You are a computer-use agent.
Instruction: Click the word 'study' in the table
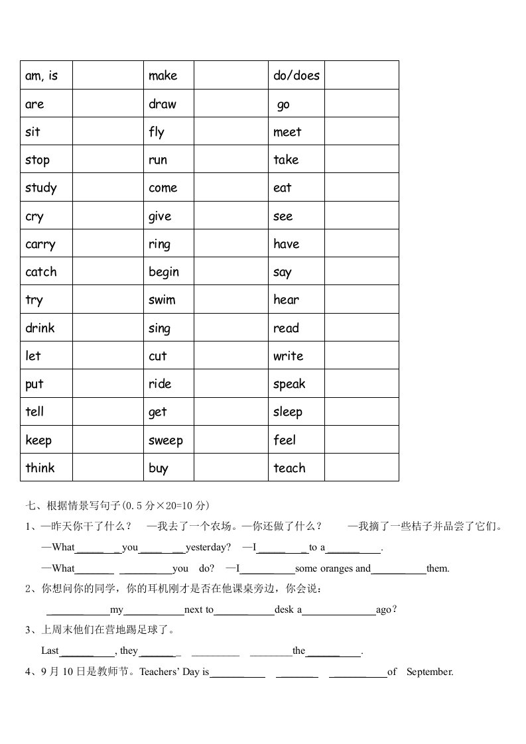(41, 188)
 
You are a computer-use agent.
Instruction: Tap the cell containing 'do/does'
(296, 76)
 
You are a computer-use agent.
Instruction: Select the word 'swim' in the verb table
(162, 300)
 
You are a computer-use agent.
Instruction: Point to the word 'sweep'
(166, 440)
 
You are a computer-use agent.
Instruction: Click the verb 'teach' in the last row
(289, 468)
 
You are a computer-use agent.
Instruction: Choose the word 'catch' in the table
(41, 272)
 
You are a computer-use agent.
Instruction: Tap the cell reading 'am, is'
(42, 76)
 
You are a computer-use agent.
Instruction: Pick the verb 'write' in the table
(288, 356)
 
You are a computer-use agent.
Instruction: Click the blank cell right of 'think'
(107, 467)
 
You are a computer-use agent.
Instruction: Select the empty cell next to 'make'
(231, 75)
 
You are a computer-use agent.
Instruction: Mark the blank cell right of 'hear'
(362, 300)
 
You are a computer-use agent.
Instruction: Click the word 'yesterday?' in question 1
(208, 548)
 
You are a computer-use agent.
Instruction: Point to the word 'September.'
(430, 672)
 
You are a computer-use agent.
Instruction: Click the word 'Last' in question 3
(50, 651)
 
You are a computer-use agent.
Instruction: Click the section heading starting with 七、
(117, 505)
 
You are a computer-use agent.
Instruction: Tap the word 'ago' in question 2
(383, 609)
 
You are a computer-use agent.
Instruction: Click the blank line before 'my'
(78, 610)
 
